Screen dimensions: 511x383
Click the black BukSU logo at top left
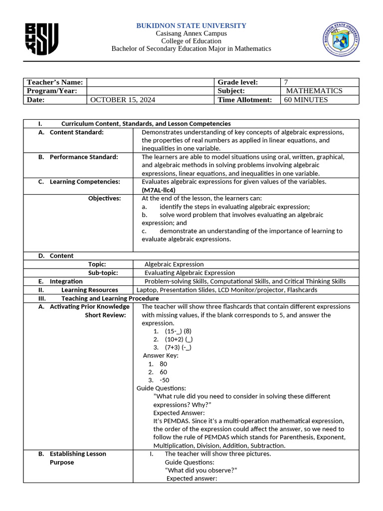[x=41, y=39]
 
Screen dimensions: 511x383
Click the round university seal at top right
[x=341, y=39]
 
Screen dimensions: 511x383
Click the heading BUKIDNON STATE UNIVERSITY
[x=191, y=25]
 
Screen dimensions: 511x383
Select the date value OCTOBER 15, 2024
[x=123, y=100]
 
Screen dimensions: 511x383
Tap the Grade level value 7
[x=286, y=82]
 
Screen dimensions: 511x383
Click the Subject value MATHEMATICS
[x=314, y=91]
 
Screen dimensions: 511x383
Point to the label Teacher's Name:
[x=55, y=82]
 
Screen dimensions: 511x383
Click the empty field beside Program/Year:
[x=150, y=91]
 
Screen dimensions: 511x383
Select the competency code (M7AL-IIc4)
[x=159, y=190]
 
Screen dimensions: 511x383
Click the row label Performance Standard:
[x=84, y=157]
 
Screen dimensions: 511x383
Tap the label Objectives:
[x=104, y=199]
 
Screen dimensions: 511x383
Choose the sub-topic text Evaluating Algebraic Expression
[x=190, y=273]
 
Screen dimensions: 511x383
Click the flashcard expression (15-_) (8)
[x=178, y=331]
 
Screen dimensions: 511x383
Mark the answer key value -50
[x=164, y=380]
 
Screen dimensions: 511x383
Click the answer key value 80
[x=164, y=364]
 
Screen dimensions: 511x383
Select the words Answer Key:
[x=161, y=356]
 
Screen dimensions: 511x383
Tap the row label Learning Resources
[x=90, y=290]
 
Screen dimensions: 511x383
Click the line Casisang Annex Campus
[x=191, y=33]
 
